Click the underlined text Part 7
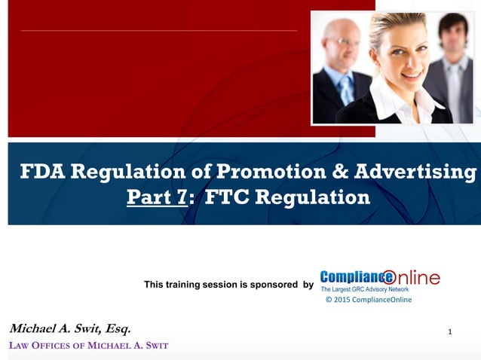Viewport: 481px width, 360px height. click(x=155, y=198)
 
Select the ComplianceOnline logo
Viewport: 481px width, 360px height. click(x=379, y=278)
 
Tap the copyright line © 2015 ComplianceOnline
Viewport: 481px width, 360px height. click(x=369, y=300)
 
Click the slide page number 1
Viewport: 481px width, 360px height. click(x=450, y=331)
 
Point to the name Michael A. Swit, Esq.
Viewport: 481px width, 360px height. click(x=70, y=328)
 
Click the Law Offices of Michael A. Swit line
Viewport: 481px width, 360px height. click(x=88, y=346)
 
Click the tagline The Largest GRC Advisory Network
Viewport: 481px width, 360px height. click(x=365, y=289)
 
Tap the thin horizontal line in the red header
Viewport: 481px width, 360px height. click(x=158, y=31)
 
